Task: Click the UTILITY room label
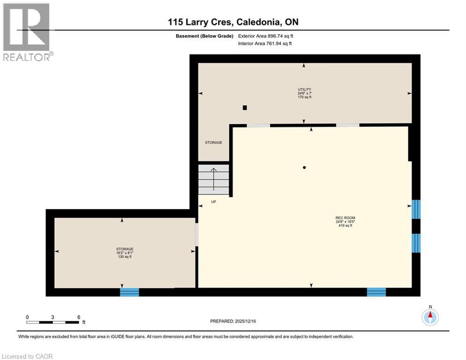[304, 89]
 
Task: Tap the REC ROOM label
[345, 218]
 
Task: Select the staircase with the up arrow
[214, 179]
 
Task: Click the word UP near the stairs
[213, 202]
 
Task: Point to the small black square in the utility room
[244, 107]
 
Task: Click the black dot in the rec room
[304, 167]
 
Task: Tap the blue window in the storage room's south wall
[130, 292]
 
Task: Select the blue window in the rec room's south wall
[376, 292]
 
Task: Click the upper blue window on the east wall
[416, 209]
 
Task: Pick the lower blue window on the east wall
[416, 243]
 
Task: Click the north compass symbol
[430, 317]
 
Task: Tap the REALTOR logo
[27, 32]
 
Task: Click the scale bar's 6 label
[78, 317]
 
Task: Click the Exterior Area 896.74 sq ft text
[266, 36]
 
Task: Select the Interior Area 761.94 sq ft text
[265, 44]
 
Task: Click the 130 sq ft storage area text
[125, 257]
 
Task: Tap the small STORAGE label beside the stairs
[214, 142]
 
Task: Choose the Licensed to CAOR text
[28, 356]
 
